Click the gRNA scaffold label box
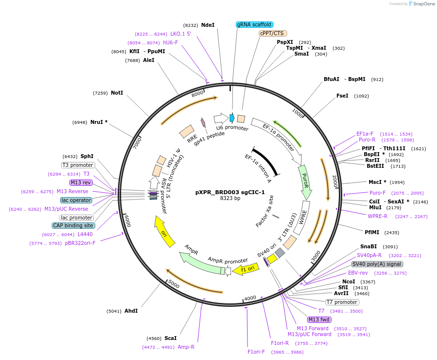coord(254,24)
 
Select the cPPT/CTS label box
coord(272,33)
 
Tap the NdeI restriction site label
coord(208,25)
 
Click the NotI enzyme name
coord(117,93)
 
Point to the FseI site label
coord(342,96)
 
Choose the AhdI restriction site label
coord(131,311)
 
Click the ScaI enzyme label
coord(170,338)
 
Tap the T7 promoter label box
coord(342,302)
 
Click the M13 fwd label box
coord(319,320)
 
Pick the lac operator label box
coord(76,200)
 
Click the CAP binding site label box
coord(73,225)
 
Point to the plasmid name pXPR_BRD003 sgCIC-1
coord(223,192)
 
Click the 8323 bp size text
coord(230,199)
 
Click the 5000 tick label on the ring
coord(173,283)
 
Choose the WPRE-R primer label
coord(377,216)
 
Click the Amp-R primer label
coord(186,347)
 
